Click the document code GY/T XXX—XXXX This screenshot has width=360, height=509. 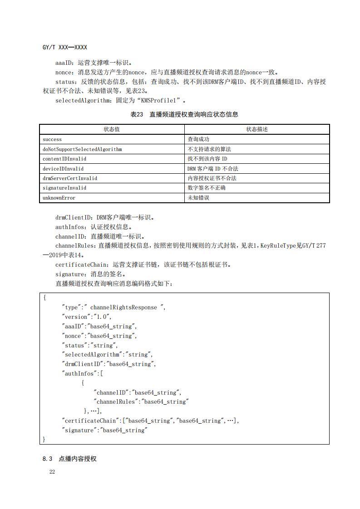pyautogui.click(x=64, y=47)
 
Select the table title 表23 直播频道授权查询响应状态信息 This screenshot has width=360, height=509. pyautogui.click(x=184, y=114)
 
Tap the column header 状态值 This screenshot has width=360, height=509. pyautogui.click(x=112, y=129)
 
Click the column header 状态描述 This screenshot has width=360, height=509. pyautogui.click(x=257, y=129)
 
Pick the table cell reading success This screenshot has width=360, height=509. pyautogui.click(x=52, y=139)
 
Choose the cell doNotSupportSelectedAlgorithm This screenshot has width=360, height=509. pyautogui.click(x=82, y=149)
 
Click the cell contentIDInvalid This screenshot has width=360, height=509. pyautogui.click(x=64, y=159)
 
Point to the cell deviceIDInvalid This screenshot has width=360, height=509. pyautogui.click(x=63, y=169)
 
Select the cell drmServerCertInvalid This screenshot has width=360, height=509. pyautogui.click(x=70, y=178)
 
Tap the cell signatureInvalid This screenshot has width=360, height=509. pyautogui.click(x=64, y=188)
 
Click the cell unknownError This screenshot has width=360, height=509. pyautogui.click(x=59, y=198)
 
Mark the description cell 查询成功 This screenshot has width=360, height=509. pyautogui.click(x=198, y=139)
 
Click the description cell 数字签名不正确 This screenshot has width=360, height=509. pyautogui.click(x=207, y=188)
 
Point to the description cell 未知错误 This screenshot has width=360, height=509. pyautogui.click(x=198, y=198)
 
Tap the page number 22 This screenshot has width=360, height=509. pyautogui.click(x=52, y=472)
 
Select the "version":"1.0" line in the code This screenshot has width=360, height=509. pyautogui.click(x=87, y=317)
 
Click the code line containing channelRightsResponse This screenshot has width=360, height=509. pyautogui.click(x=114, y=307)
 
